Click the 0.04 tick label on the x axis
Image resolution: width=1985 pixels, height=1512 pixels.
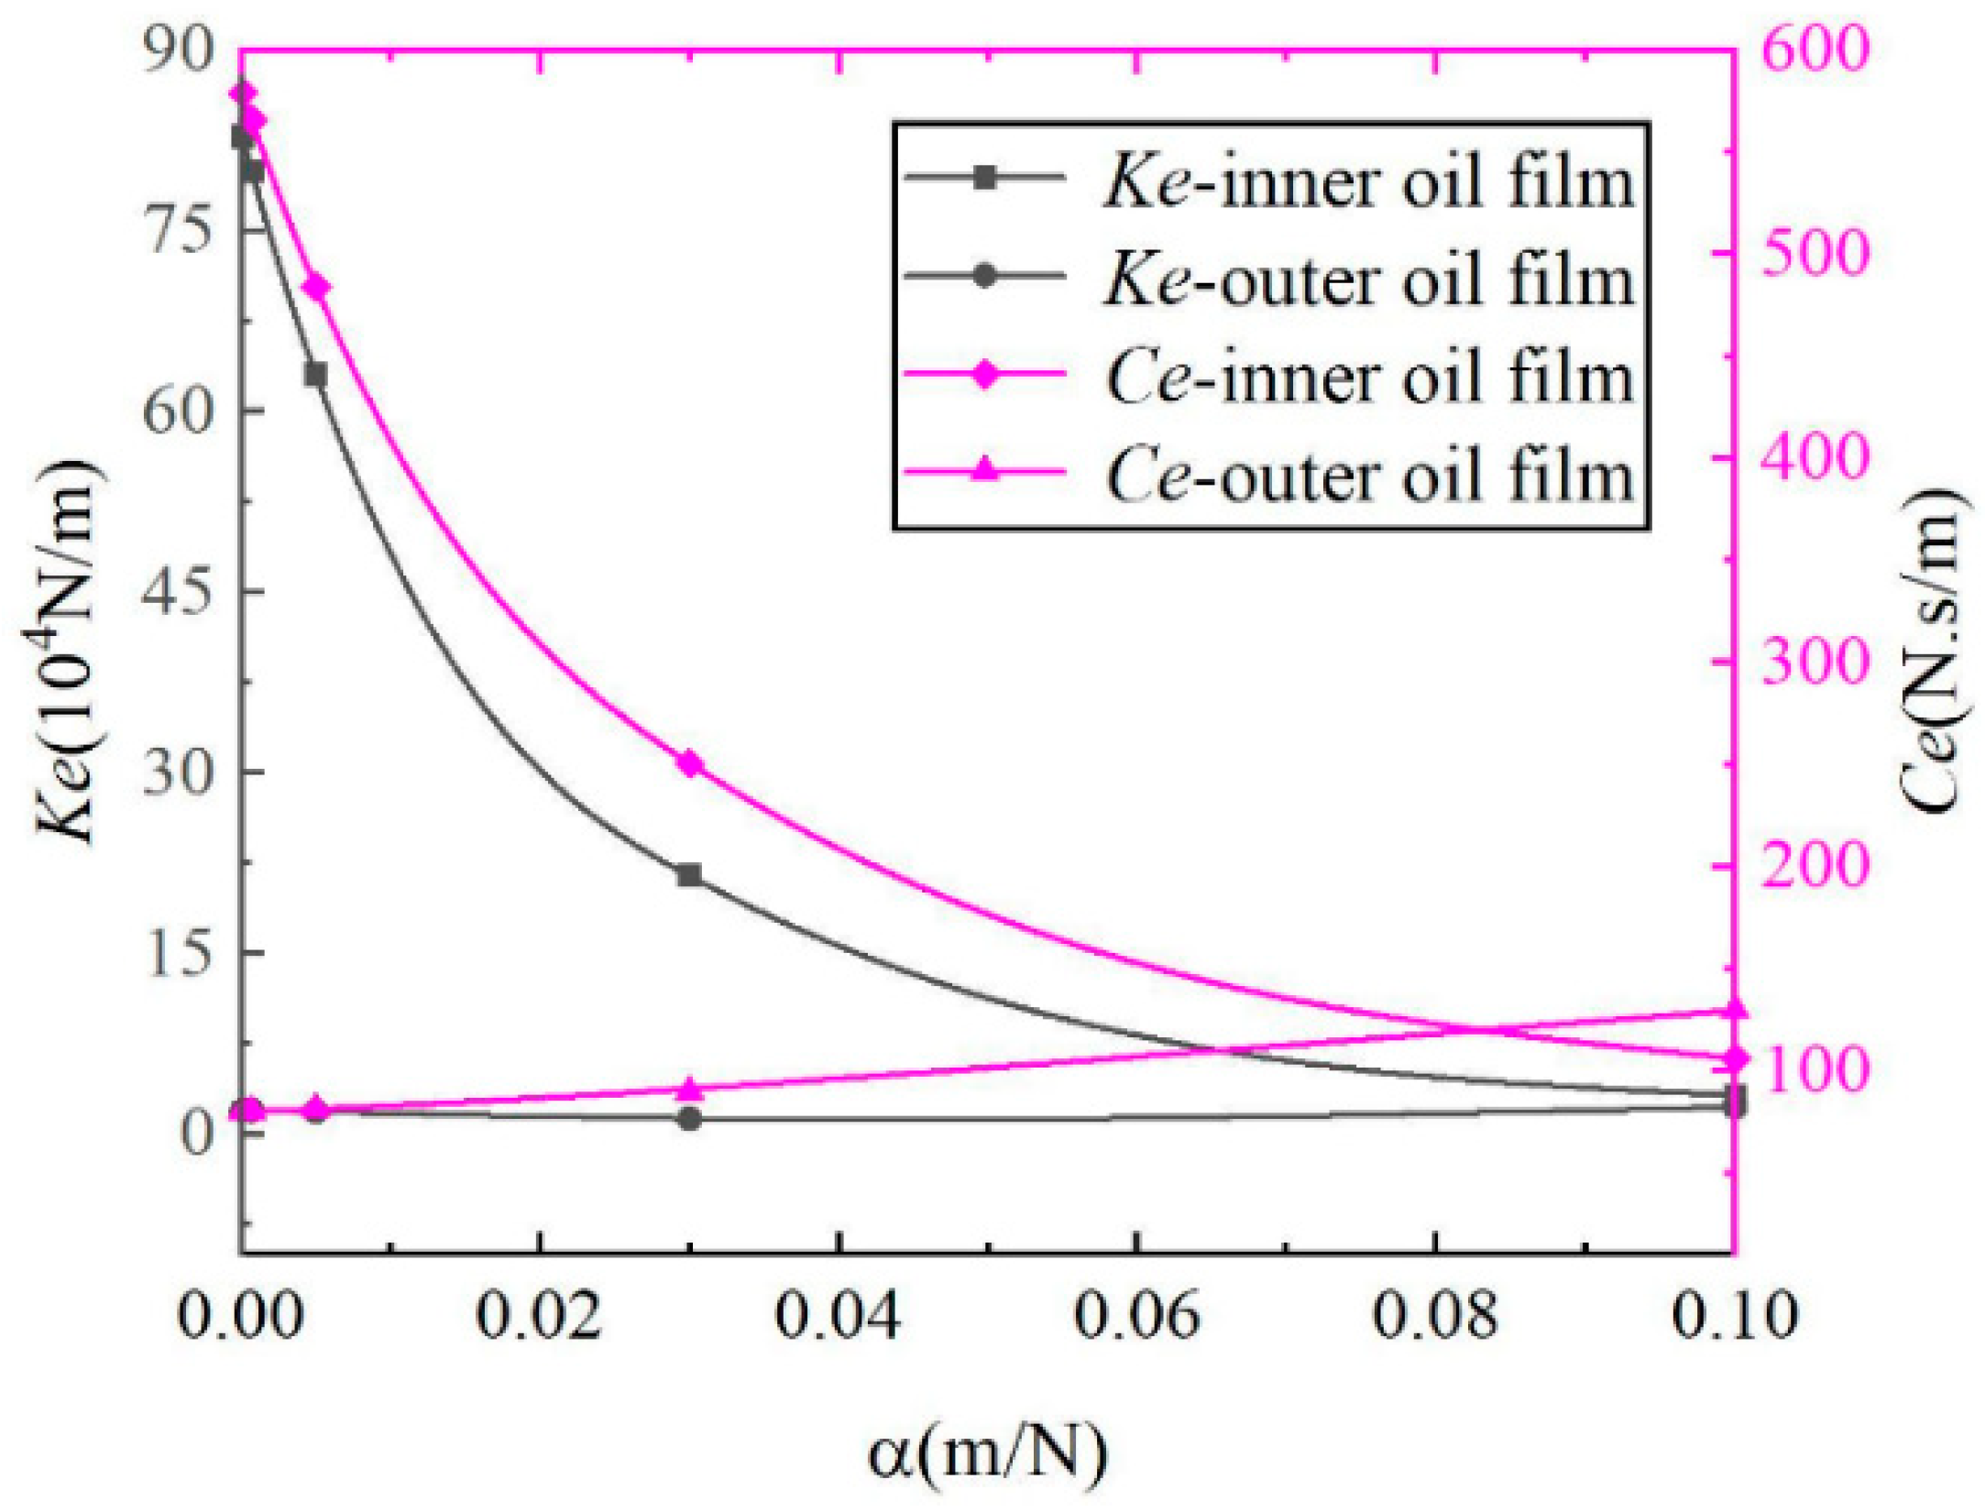838,1315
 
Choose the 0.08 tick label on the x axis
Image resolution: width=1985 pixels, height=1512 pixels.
1435,1315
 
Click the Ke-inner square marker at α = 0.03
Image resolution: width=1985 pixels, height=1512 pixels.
690,875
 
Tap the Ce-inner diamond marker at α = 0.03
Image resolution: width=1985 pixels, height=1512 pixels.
690,763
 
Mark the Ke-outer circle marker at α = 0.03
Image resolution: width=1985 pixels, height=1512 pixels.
690,1119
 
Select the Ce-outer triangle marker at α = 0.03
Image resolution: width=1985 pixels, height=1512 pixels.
690,1090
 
